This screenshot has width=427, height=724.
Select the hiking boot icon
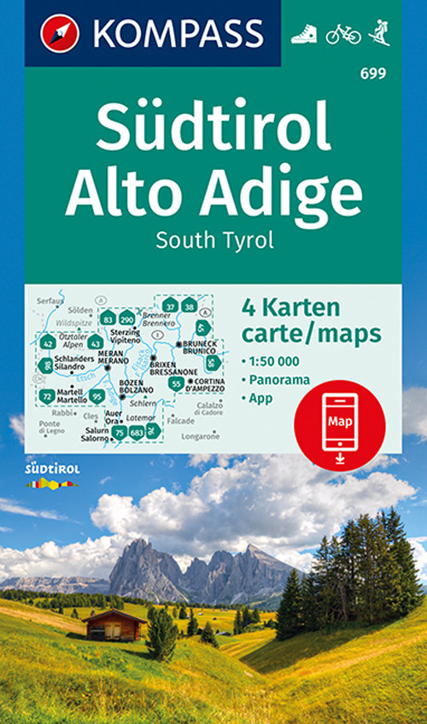point(305,33)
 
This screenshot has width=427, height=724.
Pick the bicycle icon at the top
point(343,33)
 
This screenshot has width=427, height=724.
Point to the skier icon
point(379,33)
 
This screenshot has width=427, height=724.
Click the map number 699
point(373,73)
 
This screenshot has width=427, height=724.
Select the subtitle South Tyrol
point(214,239)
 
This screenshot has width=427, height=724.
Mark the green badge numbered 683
point(137,434)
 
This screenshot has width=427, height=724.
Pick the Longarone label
point(203,435)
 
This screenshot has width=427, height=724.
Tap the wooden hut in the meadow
point(116,624)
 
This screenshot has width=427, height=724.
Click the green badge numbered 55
point(175,384)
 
